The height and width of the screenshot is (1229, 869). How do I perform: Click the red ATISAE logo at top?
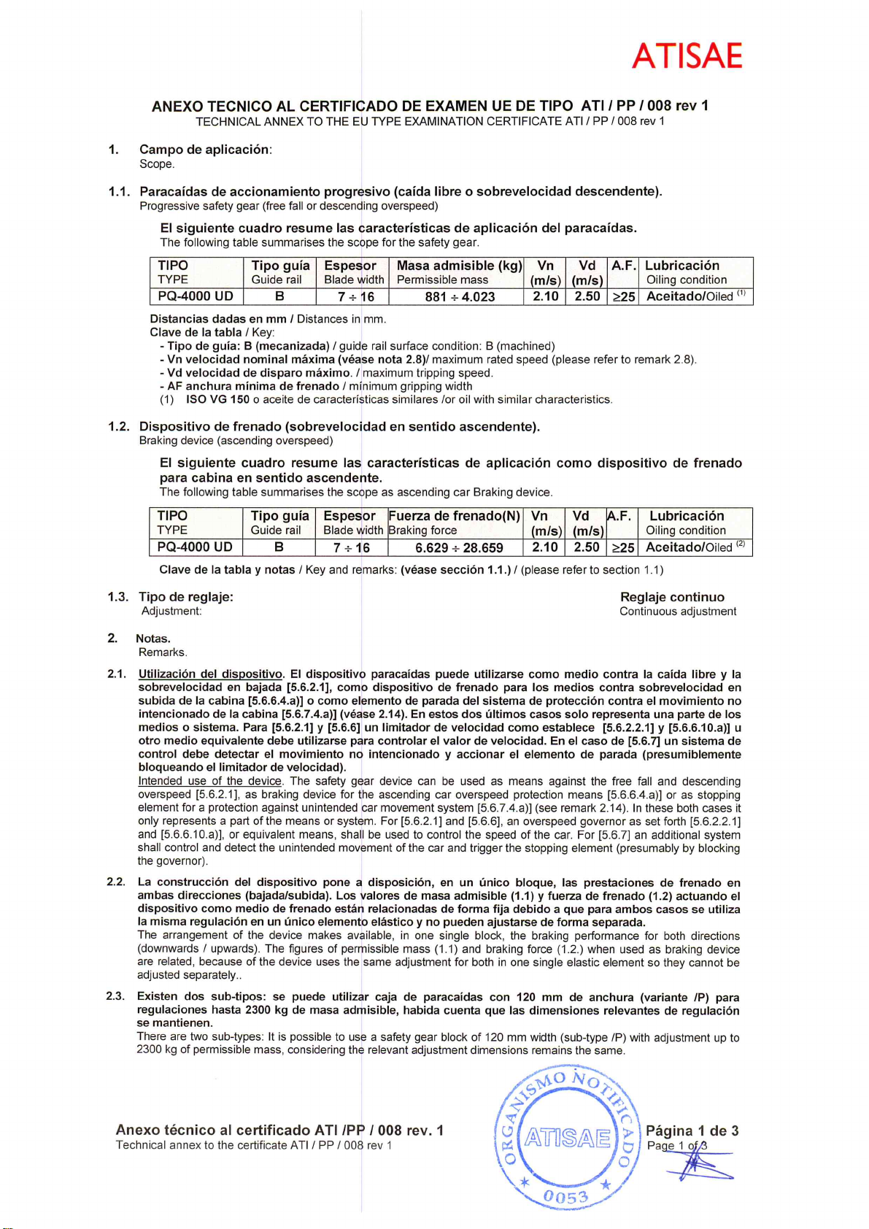coord(687,56)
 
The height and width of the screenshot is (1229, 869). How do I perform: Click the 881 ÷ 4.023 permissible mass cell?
coord(460,297)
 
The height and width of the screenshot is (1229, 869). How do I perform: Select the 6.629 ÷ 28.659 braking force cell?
coord(459,548)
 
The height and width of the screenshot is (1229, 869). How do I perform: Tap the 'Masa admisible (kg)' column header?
coord(459,266)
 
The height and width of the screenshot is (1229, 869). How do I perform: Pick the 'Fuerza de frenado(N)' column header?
coord(455,516)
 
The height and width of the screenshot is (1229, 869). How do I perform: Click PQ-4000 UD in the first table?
coord(196,296)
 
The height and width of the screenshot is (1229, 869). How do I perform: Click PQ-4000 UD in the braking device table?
coord(195,547)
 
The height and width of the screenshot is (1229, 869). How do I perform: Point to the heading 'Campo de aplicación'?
coord(205,150)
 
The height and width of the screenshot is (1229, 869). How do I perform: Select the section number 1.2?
coord(119,426)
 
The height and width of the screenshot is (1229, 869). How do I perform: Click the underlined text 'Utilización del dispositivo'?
coord(210,674)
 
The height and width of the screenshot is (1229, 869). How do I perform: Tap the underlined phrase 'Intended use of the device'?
coord(209,781)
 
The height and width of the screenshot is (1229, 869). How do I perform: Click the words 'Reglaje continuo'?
coord(672,597)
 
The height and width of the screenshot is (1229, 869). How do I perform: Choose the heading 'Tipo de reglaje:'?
coord(186,597)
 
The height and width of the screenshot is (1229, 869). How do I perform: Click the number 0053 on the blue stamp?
coord(565,1197)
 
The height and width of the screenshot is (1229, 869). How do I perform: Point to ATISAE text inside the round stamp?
coord(568,1138)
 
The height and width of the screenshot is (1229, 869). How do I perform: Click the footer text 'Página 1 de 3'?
coord(692,1131)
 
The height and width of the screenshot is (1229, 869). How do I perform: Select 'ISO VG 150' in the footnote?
coord(217,400)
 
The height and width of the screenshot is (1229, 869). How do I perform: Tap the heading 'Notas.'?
coord(153,639)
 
